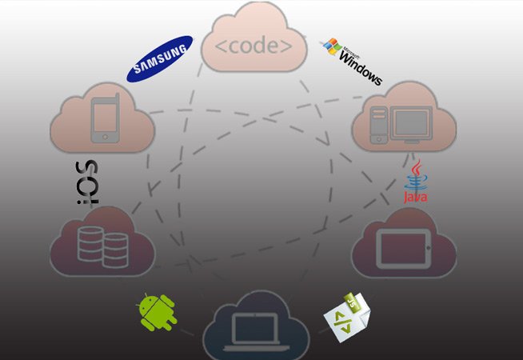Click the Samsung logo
[160, 58]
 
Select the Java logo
[415, 182]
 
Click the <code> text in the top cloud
[255, 46]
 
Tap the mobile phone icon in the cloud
[106, 119]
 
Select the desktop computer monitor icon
[413, 126]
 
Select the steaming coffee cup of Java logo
[415, 171]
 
